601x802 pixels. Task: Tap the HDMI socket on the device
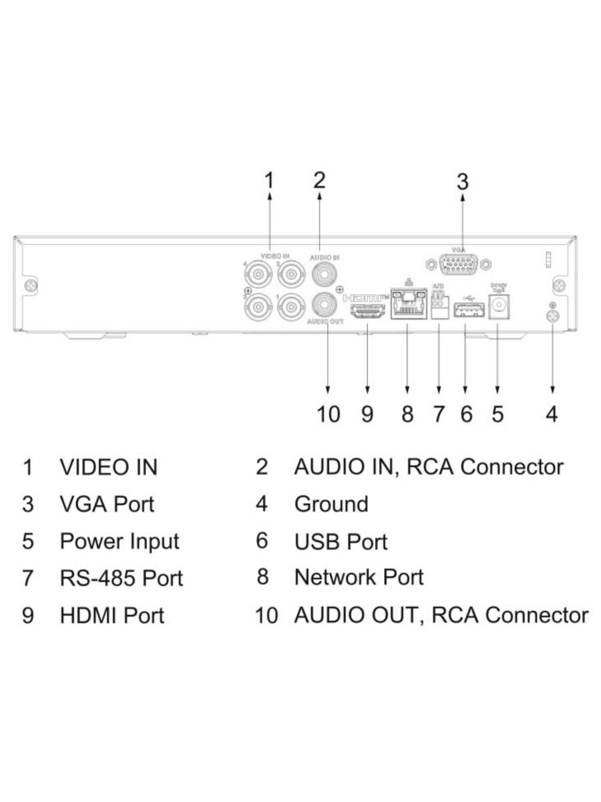365,311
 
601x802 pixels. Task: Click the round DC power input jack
498,306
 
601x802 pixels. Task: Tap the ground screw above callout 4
552,317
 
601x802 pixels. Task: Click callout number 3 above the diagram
462,181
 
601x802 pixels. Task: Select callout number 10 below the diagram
328,414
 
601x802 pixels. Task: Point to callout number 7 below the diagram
438,414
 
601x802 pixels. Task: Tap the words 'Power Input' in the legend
120,541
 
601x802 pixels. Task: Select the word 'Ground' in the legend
331,503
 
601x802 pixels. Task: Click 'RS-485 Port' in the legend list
121,577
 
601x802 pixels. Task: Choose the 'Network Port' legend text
359,576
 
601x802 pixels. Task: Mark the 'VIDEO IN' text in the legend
109,467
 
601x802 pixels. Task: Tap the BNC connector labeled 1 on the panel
290,307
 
